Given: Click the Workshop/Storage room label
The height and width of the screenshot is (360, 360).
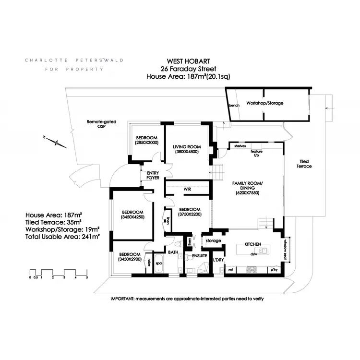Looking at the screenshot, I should (264, 103).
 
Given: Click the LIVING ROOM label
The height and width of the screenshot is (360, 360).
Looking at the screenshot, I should (187, 146).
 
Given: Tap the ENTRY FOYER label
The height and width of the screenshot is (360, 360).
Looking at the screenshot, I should (153, 175).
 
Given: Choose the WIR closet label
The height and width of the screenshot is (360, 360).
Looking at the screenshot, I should (188, 189).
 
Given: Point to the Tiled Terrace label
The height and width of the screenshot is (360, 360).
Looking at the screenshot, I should (304, 164).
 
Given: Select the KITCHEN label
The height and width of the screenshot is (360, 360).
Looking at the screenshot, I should (252, 244).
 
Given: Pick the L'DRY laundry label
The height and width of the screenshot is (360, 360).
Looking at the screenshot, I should (218, 260).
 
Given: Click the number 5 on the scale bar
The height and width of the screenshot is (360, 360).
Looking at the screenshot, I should (87, 277).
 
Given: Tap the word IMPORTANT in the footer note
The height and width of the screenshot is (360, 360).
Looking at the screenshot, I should (122, 298).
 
